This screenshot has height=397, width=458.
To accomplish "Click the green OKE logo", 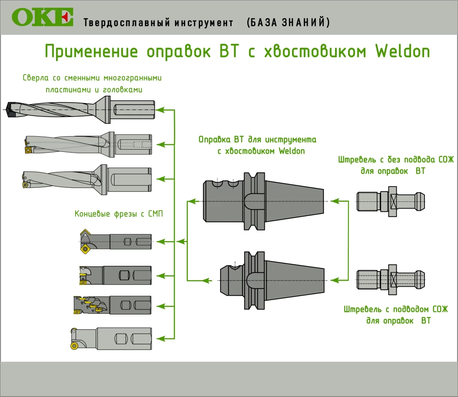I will click(x=42, y=17).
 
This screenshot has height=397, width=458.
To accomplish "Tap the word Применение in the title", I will click(x=92, y=51).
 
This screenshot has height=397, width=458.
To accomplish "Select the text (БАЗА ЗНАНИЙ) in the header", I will click(x=288, y=22).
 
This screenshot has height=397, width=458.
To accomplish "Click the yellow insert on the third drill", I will click(x=25, y=184).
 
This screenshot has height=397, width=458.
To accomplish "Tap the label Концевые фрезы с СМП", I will click(x=119, y=214).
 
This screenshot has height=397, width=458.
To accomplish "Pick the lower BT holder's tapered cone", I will click(x=295, y=280).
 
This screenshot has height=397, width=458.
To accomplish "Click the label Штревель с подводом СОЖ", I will click(x=395, y=309).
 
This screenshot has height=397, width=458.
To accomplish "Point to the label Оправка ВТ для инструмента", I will click(x=257, y=140).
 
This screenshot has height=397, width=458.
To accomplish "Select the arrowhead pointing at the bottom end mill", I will click(x=164, y=338).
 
